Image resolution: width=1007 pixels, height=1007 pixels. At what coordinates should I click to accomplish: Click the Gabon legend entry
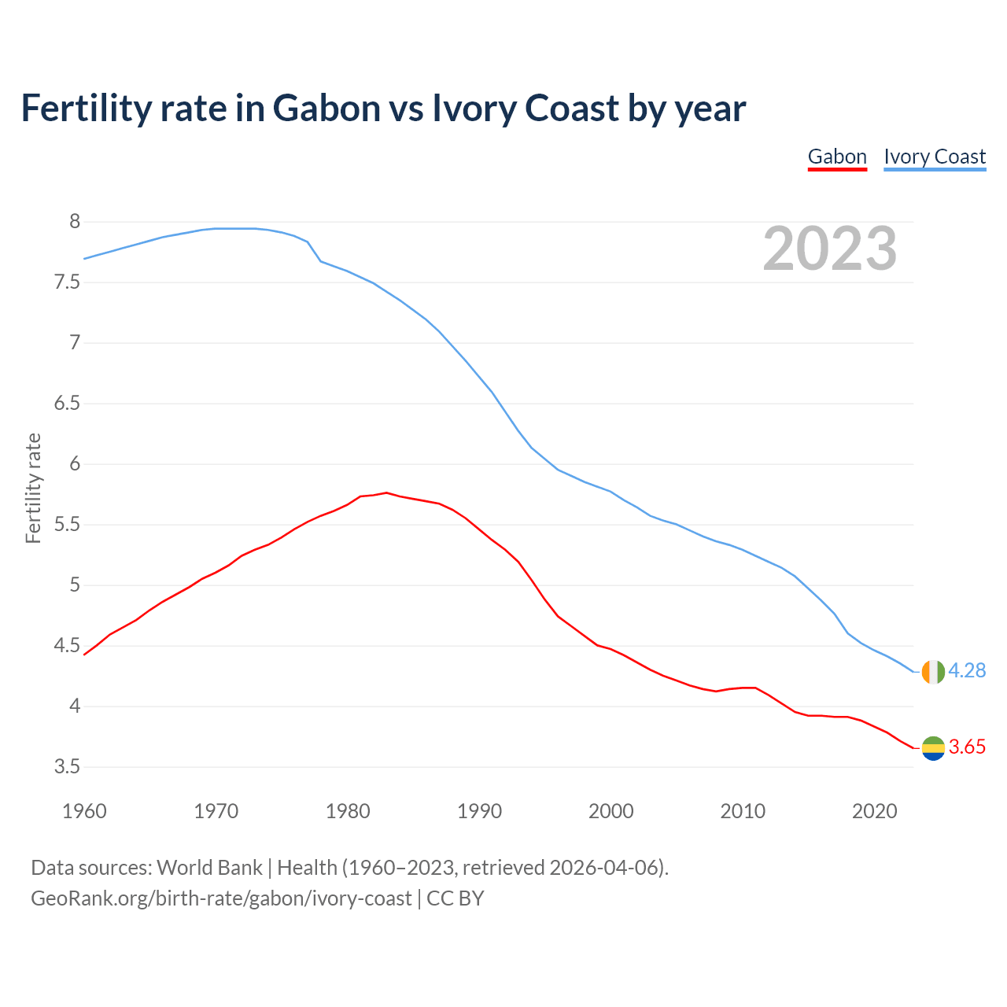pos(837,157)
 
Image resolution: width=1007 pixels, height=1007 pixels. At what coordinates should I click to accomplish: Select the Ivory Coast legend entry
pos(935,157)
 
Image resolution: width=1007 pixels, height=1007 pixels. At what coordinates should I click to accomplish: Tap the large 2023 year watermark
pos(830,249)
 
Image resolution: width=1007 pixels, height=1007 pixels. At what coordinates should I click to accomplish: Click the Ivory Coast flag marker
pos(933,672)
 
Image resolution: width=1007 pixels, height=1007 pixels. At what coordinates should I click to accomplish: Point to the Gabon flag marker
pos(933,748)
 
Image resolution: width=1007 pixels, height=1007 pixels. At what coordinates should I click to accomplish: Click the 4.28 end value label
pos(967,670)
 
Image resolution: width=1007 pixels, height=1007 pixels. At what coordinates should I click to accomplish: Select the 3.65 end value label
pos(967,747)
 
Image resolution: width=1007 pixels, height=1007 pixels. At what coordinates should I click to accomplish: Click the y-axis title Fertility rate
pos(33,488)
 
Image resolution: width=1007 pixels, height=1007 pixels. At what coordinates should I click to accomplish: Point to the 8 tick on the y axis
pos(75,222)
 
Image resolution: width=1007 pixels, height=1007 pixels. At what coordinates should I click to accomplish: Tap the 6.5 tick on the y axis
pos(67,404)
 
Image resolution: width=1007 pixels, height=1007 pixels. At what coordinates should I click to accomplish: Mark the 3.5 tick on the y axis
pos(67,767)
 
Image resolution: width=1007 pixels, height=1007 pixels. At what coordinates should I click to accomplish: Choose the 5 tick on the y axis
pos(75,585)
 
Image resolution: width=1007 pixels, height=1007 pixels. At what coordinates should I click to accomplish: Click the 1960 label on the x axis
pos(84,811)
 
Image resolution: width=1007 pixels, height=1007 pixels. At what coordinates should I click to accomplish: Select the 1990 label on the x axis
pos(479,811)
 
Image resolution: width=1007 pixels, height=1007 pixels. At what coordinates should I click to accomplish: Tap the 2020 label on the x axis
pos(874,811)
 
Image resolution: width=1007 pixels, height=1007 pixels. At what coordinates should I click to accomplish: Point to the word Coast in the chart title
pos(572,108)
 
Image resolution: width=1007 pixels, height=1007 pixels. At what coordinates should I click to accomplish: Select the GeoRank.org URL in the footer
pos(221,898)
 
